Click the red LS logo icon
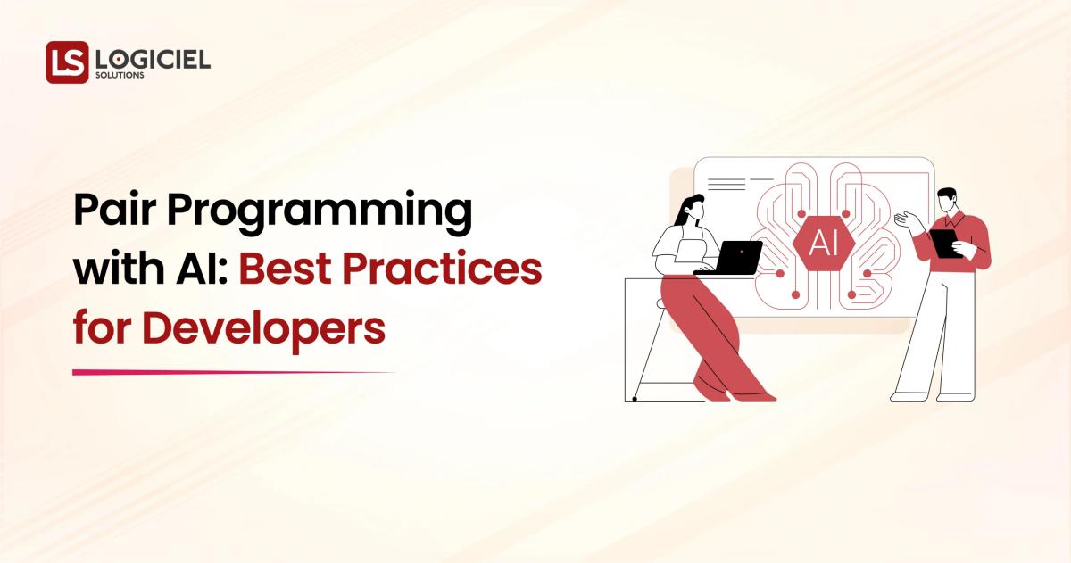(x=67, y=62)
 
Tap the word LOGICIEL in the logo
(x=153, y=59)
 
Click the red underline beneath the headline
(x=232, y=372)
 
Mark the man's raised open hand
(x=903, y=219)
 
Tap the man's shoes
(x=928, y=395)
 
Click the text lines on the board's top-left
(x=727, y=183)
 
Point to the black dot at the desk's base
(x=634, y=399)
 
